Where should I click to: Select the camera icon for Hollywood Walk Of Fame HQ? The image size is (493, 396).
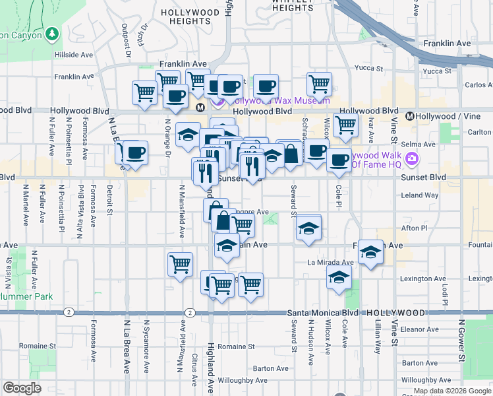click(413, 158)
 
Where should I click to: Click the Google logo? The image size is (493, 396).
click(22, 388)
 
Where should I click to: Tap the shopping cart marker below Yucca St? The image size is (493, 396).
click(319, 84)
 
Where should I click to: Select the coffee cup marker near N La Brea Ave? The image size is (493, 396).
click(135, 152)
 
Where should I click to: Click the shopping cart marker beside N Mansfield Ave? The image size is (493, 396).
click(180, 264)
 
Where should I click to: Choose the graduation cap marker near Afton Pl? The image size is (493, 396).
click(308, 228)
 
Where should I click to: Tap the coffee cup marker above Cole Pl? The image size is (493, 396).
click(339, 159)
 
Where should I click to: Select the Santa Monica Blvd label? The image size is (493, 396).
click(320, 312)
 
